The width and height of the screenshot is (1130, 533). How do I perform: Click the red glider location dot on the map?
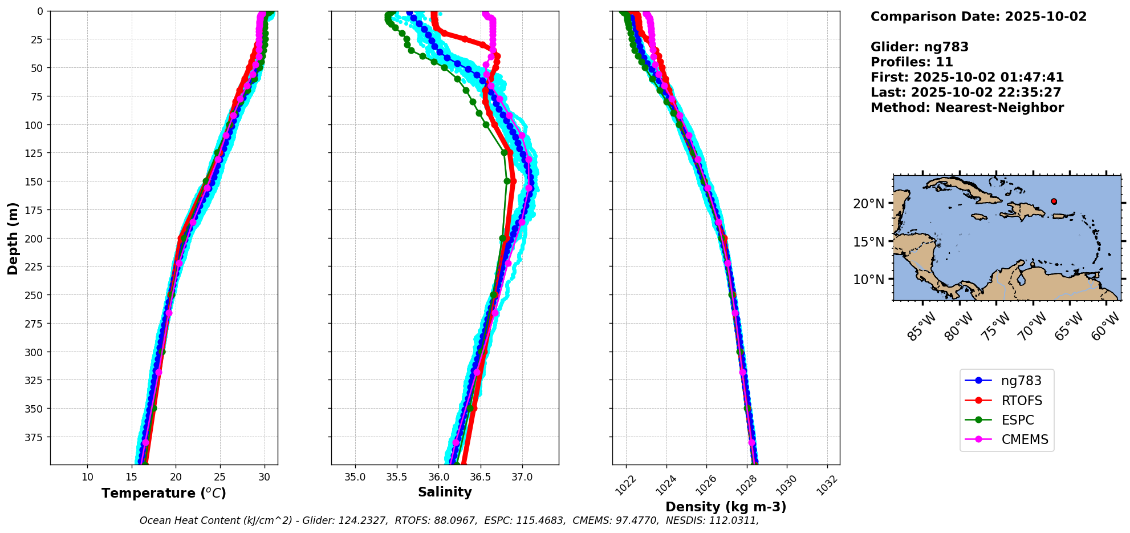pyautogui.click(x=1054, y=201)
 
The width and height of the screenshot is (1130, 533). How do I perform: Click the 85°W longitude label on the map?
pyautogui.click(x=921, y=327)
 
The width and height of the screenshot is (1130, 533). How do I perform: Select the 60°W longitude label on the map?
pyautogui.click(x=1105, y=327)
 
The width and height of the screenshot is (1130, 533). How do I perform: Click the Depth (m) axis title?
pyautogui.click(x=13, y=238)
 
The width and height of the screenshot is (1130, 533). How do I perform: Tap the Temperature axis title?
pyautogui.click(x=164, y=493)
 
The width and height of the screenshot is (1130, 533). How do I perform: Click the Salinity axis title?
pyautogui.click(x=445, y=492)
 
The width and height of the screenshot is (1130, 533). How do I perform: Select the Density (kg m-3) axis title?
pyautogui.click(x=726, y=507)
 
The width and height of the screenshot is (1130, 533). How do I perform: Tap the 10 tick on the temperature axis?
pyautogui.click(x=87, y=477)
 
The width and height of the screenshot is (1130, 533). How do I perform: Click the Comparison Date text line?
pyautogui.click(x=978, y=17)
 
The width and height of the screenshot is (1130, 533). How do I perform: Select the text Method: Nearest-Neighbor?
pyautogui.click(x=967, y=108)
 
